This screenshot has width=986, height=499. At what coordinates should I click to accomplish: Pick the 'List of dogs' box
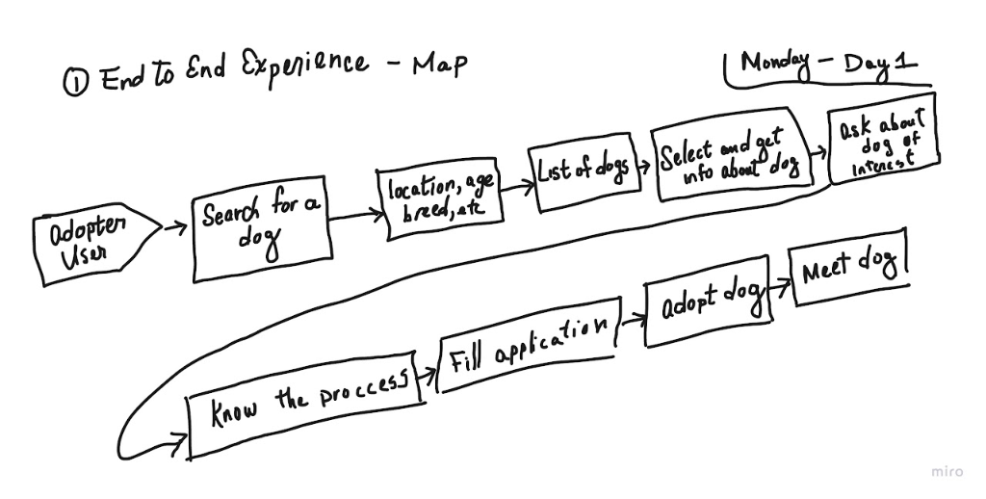582,174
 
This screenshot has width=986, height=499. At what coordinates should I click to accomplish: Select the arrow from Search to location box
353,215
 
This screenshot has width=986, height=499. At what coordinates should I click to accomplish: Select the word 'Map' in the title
439,66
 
